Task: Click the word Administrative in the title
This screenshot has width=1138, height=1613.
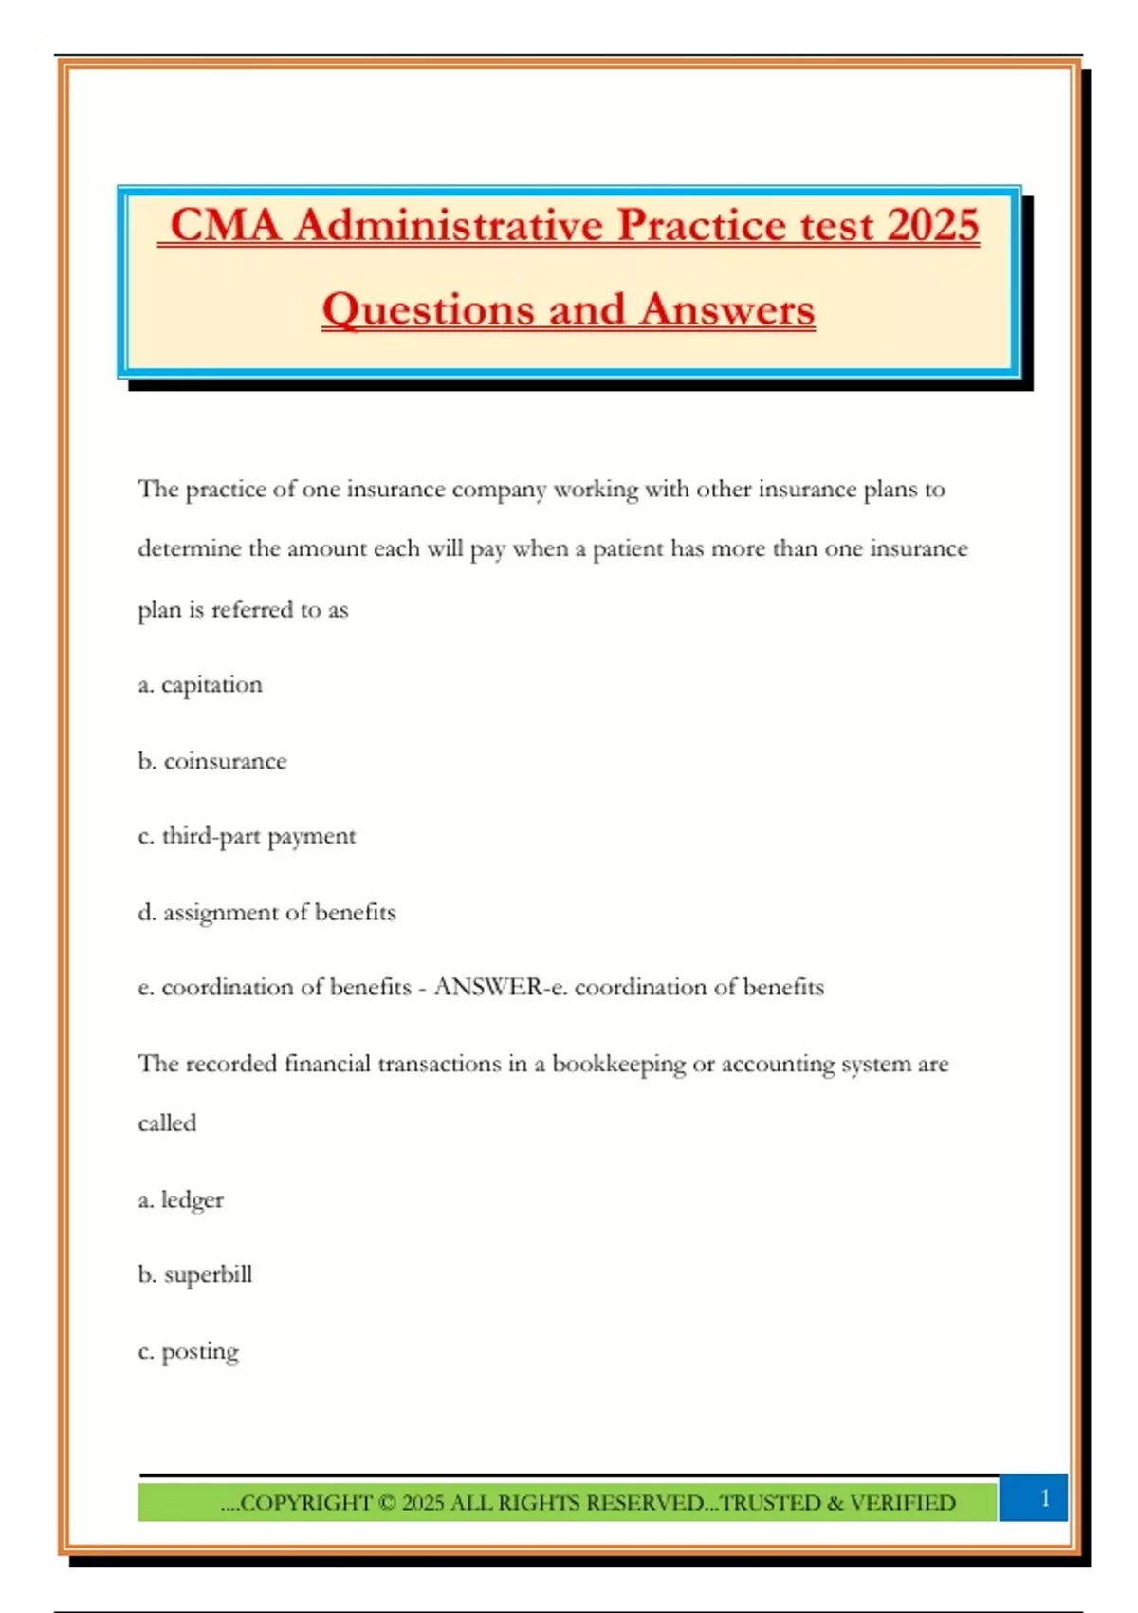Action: coord(449,226)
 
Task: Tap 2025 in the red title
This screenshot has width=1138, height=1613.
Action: coord(933,226)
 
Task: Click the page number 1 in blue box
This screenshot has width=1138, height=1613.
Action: coord(1044,1498)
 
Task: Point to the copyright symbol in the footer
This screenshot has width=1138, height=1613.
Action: coord(386,1503)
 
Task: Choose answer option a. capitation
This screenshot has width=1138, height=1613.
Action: coord(200,685)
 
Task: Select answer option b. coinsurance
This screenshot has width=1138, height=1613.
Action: coord(212,761)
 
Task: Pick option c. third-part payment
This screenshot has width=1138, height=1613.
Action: coord(247,837)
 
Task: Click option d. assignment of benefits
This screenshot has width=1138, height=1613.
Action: coord(266,913)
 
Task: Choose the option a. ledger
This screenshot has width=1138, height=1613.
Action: coord(181,1200)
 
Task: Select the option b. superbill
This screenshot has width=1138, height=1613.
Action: coord(195,1275)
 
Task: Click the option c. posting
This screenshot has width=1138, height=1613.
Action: coord(189,1352)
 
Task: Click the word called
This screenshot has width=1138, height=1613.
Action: coord(167,1123)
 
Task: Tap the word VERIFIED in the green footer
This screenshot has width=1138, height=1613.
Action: coord(902,1503)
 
